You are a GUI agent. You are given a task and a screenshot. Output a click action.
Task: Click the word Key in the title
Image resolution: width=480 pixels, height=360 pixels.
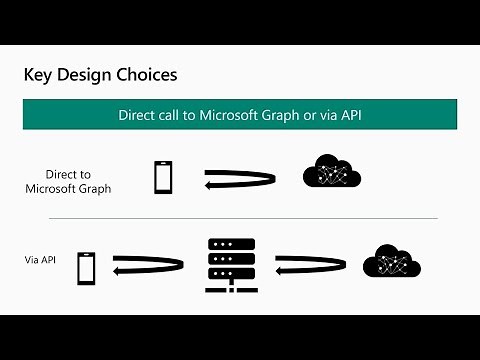39,75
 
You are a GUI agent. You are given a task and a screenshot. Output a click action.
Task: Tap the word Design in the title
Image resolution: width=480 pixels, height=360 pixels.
88,75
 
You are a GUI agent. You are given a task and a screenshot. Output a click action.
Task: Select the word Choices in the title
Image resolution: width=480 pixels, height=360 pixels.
149,75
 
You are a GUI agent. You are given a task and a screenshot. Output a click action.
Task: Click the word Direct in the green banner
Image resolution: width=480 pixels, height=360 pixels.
137,114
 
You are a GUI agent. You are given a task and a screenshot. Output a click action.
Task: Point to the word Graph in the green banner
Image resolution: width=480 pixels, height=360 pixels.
285,114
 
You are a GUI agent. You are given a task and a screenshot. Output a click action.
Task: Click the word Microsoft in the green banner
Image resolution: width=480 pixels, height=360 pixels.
228,114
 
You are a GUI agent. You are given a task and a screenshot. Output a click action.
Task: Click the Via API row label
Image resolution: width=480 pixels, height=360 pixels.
41,260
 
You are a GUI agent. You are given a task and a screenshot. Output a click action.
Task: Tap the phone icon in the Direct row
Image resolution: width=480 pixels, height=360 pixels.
163,177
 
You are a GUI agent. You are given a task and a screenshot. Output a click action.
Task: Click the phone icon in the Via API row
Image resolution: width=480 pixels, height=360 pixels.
87,267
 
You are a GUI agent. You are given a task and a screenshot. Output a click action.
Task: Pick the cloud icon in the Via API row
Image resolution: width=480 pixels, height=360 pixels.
391,261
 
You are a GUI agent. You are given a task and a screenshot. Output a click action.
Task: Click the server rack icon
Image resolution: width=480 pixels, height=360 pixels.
231,265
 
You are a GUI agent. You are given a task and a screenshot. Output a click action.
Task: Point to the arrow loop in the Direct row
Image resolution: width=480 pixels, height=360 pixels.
240,179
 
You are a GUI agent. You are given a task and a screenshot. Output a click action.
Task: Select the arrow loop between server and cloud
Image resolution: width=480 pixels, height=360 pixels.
310,265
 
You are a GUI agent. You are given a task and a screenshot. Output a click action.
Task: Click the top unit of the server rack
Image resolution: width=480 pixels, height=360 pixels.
231,245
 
